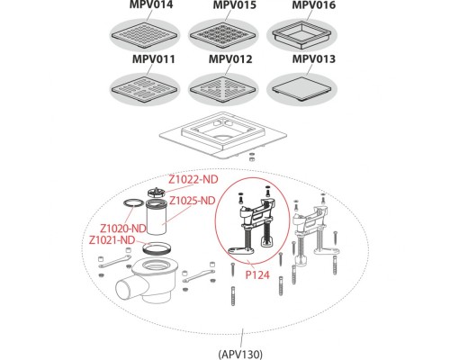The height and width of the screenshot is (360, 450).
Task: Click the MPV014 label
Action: coord(151,4)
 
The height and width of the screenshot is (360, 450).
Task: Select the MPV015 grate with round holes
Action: coord(223,35)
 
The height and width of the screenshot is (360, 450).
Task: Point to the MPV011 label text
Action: coord(153,59)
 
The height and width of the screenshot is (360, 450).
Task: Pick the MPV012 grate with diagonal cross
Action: coord(223,89)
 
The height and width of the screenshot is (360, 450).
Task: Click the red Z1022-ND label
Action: coord(193,179)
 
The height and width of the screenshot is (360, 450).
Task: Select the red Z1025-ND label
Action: coord(193,201)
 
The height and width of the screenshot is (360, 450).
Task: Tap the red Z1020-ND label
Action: coord(122,229)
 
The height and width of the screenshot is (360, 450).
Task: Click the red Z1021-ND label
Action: coord(112,240)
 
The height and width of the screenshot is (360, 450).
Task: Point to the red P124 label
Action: coord(257,274)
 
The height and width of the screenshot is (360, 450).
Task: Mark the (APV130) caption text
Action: coord(240,354)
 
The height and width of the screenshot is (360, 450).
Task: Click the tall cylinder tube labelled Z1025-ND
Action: coord(156,218)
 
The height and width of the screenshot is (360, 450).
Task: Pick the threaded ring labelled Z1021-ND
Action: coord(157,249)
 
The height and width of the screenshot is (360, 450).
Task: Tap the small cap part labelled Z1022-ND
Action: coord(157,192)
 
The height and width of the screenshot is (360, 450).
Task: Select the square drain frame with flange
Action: coord(223,136)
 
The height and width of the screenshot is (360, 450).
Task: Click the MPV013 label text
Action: coord(313,59)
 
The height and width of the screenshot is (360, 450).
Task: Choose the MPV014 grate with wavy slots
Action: coord(144,35)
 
